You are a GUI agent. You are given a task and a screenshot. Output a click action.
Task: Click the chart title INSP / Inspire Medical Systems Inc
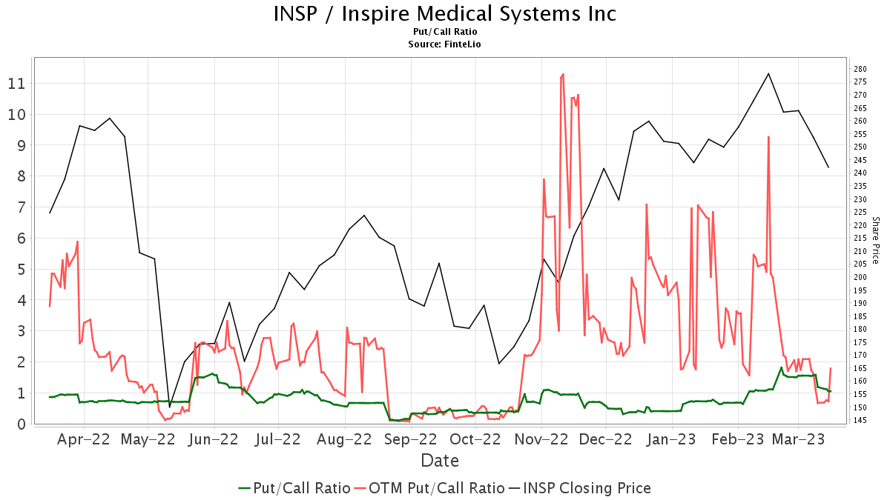pyautogui.click(x=445, y=14)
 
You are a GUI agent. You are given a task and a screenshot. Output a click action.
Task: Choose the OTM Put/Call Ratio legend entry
pyautogui.click(x=430, y=488)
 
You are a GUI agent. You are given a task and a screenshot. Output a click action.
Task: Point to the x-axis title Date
pyautogui.click(x=440, y=461)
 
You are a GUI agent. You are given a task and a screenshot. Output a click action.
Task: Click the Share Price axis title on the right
pyautogui.click(x=875, y=240)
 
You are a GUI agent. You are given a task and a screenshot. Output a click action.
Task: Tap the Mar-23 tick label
pyautogui.click(x=798, y=439)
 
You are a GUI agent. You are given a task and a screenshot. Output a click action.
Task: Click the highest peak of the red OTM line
pyautogui.click(x=564, y=74)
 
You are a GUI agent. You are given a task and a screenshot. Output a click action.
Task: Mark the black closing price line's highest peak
pyautogui.click(x=768, y=73)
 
